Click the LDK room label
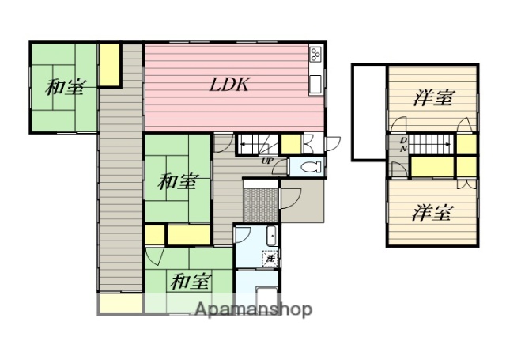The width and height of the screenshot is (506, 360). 229,85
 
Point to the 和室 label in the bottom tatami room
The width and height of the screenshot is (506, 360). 191,280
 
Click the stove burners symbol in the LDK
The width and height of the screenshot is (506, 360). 315,55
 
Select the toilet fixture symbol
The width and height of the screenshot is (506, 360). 310,168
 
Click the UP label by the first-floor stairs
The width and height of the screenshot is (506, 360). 269,162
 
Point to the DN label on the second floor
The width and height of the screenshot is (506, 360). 402,145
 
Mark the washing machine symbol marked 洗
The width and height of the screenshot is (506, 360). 270,257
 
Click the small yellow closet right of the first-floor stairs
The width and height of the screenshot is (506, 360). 290,144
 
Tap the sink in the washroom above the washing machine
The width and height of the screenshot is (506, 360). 270,235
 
